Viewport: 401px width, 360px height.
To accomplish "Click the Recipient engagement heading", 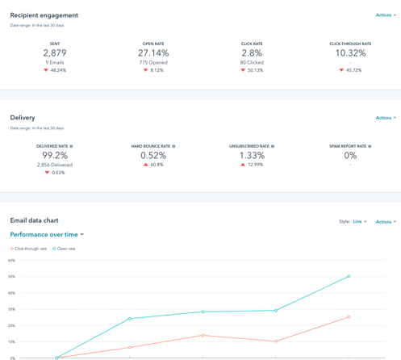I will [x=44, y=15].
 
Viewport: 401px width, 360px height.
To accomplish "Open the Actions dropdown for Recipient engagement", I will [x=385, y=15].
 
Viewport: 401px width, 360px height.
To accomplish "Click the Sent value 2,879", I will [x=55, y=53].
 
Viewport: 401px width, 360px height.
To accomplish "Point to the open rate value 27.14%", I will [x=153, y=53].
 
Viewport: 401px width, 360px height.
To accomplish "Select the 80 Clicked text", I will [x=252, y=62].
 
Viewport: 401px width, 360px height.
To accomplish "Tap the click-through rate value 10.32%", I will [x=350, y=53].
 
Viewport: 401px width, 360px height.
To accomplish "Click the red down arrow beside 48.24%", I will [x=46, y=70].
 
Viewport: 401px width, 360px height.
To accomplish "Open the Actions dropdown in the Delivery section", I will [x=385, y=118].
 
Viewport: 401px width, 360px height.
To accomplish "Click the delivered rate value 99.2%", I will [x=55, y=156].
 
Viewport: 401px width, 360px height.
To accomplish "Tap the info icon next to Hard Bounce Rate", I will [x=173, y=146].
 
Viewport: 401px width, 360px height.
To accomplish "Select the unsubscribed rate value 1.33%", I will [x=252, y=156].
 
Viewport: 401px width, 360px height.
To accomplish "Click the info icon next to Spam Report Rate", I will [x=370, y=146].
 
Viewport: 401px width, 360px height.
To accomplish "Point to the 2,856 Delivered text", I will [x=55, y=165].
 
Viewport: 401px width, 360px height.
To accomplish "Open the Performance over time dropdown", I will [x=47, y=235].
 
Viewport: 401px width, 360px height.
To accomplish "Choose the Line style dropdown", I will [x=359, y=221].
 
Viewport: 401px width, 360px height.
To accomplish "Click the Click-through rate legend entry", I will [x=30, y=249].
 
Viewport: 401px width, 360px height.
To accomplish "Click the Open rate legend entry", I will [x=65, y=249].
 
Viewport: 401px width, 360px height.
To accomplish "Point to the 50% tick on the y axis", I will [x=11, y=277].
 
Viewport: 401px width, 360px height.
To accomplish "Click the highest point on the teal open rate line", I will [x=349, y=277].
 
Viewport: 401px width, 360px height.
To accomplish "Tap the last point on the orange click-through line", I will [x=349, y=317].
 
